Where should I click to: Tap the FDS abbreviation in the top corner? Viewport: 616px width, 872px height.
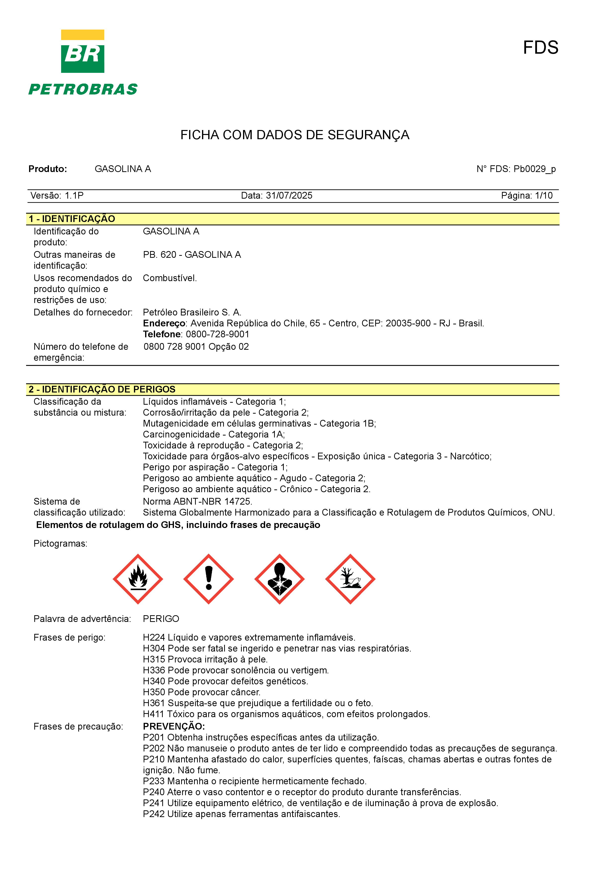coord(540,48)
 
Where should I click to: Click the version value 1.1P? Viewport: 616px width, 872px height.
coord(74,196)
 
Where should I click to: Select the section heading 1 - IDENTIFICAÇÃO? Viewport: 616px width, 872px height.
coord(72,219)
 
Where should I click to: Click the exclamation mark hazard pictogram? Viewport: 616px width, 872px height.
coord(208,579)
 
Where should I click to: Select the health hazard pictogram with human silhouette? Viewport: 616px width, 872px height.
coord(279,579)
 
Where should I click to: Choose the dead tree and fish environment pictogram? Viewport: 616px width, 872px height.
coord(350,579)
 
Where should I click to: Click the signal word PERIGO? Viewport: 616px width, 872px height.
coord(161,619)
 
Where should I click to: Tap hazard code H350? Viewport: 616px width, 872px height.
coord(154,692)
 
